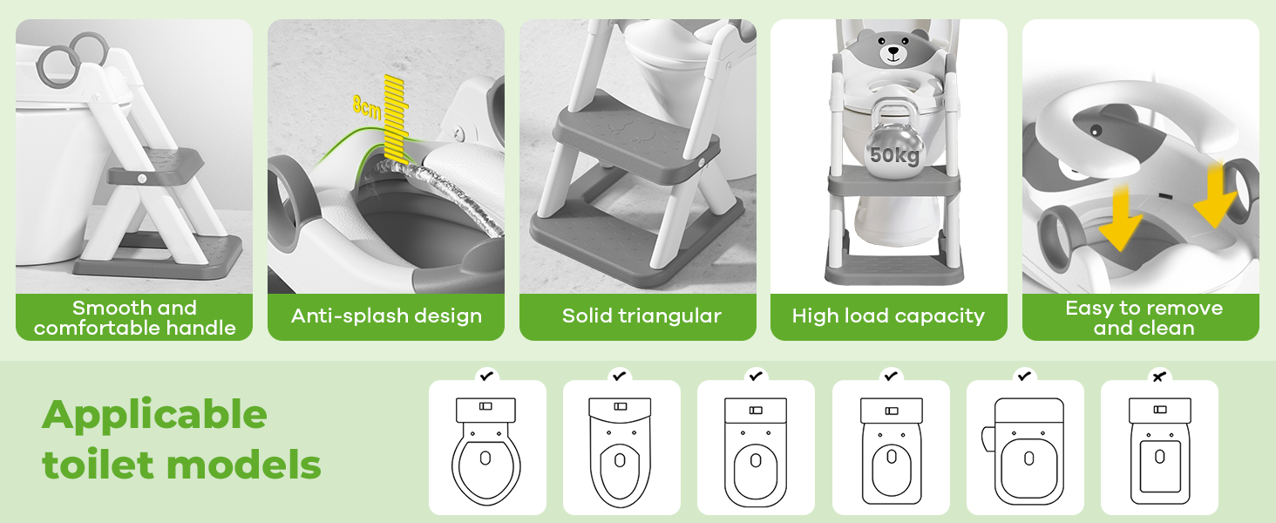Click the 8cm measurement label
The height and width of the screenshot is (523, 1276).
tap(366, 106)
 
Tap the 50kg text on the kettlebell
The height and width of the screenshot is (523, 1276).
tap(894, 154)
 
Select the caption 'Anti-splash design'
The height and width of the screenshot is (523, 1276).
tap(386, 316)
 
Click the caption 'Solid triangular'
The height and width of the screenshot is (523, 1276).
tap(641, 316)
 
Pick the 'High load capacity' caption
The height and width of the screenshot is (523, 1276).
tap(888, 316)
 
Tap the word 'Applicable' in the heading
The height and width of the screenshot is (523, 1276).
tap(154, 415)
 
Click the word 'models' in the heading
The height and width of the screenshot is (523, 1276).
tap(244, 465)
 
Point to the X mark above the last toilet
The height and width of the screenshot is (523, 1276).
tap(1158, 377)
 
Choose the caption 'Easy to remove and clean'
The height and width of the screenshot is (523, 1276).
tap(1144, 318)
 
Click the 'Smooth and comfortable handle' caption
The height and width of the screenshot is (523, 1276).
tap(134, 318)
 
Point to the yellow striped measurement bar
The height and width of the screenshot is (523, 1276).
tap(397, 119)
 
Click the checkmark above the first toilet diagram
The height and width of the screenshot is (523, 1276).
tap(486, 376)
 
